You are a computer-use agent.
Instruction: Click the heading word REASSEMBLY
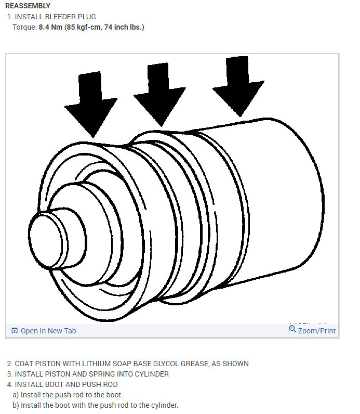28,6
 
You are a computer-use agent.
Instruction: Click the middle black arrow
159,94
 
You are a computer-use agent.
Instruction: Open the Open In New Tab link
48,331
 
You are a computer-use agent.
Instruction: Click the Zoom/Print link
316,331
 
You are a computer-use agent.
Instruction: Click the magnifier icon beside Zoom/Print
292,329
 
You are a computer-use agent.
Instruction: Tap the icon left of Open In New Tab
15,331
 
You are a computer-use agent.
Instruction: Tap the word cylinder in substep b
162,405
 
